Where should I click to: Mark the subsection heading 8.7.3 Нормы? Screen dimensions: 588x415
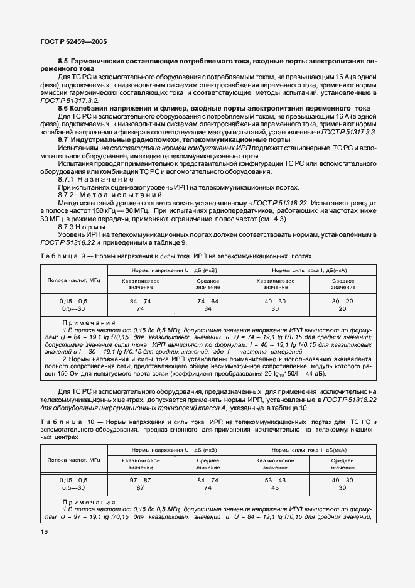pyautogui.click(x=78, y=226)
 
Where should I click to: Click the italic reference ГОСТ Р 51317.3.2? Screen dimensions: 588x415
pyautogui.click(x=70, y=101)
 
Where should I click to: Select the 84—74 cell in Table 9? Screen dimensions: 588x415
pyautogui.click(x=140, y=302)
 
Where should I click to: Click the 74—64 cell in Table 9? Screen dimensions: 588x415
pyautogui.click(x=207, y=302)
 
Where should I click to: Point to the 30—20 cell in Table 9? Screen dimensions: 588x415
pyautogui.click(x=343, y=302)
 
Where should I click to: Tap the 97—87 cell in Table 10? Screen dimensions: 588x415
pyautogui.click(x=140, y=480)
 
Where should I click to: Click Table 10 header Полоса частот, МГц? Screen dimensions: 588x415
pyautogui.click(x=73, y=460)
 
